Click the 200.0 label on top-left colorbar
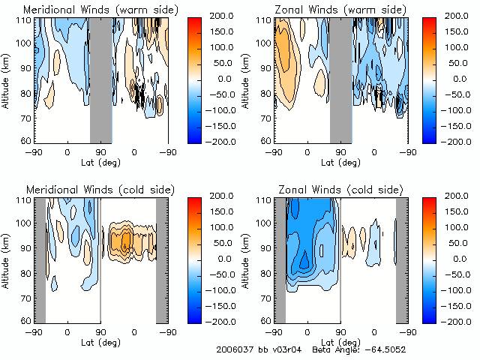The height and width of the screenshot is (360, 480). click(x=220, y=16)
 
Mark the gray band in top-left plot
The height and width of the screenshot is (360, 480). click(x=100, y=79)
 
